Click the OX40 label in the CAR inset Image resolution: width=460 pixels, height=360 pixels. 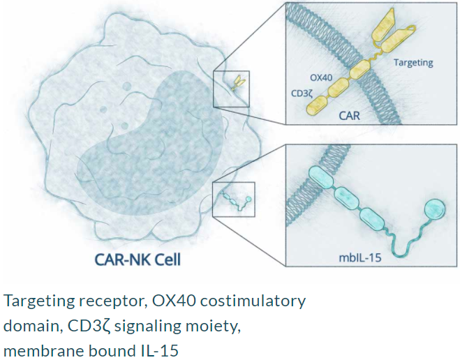point(321,77)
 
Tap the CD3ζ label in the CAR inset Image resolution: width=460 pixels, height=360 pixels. point(302,93)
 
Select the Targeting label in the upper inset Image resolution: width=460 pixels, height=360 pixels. point(413,63)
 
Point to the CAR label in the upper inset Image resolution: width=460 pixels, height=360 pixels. point(349,116)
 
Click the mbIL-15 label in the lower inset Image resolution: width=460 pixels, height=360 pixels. point(360,257)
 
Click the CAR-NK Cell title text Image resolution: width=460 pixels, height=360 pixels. point(138,260)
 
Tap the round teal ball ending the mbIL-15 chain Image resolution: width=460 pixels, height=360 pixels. point(435,209)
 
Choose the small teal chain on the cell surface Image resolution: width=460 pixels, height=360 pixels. point(237,202)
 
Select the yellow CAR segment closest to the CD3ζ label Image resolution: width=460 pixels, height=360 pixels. point(316,105)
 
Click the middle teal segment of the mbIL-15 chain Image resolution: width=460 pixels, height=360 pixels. point(347,198)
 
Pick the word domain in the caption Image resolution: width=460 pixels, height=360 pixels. point(31,326)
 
